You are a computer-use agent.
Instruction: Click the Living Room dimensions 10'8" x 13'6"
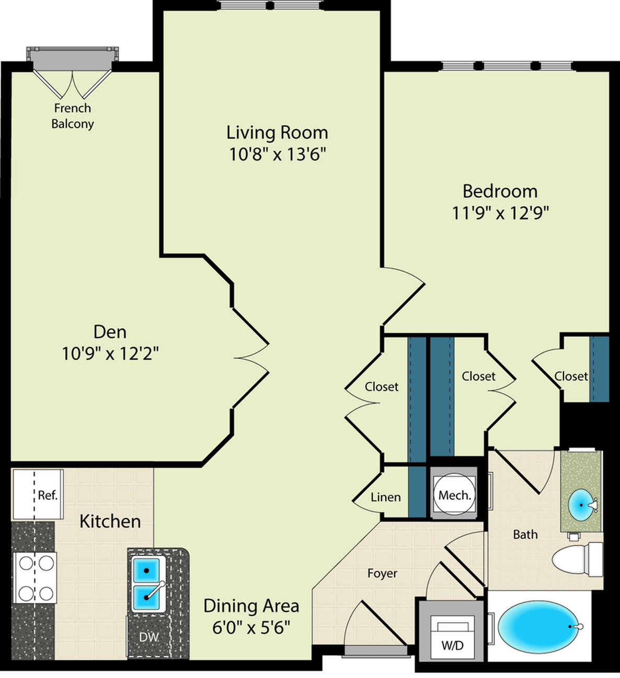click(277, 155)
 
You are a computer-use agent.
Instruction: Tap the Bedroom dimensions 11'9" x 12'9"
click(500, 213)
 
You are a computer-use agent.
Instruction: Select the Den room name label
click(110, 331)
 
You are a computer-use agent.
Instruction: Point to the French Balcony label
click(72, 116)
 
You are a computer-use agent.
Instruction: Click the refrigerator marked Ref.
click(38, 494)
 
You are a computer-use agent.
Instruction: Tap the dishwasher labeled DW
click(149, 637)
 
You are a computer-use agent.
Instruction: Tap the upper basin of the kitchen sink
click(147, 570)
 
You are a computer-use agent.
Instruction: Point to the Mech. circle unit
click(454, 495)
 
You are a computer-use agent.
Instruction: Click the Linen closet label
click(385, 497)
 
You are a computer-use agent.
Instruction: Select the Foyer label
click(382, 573)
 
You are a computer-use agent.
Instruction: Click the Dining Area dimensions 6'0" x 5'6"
click(251, 627)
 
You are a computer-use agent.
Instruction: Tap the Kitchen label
click(110, 521)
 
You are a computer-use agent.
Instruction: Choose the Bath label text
click(525, 534)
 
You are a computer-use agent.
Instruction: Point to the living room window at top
click(271, 6)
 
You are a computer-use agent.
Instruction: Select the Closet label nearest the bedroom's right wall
click(571, 376)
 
